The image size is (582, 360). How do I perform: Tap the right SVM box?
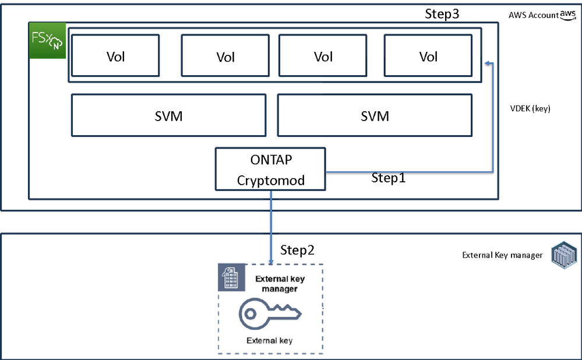point(375,116)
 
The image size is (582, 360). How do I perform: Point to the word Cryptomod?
point(270,180)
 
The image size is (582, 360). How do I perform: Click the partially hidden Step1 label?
point(389,175)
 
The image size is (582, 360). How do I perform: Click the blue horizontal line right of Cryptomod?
point(408,172)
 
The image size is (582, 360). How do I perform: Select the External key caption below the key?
point(270,341)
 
